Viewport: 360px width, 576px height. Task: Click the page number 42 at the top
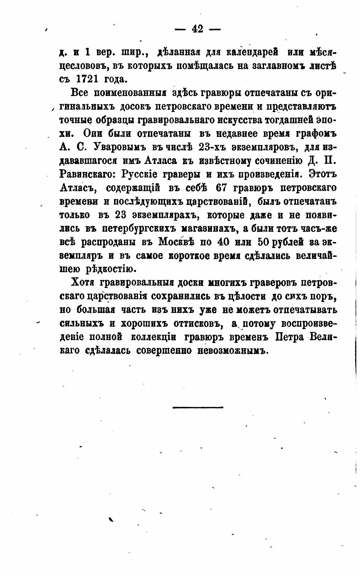[x=197, y=29]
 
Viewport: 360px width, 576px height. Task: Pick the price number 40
[x=218, y=242]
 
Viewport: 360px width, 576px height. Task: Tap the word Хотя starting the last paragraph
[x=83, y=282]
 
